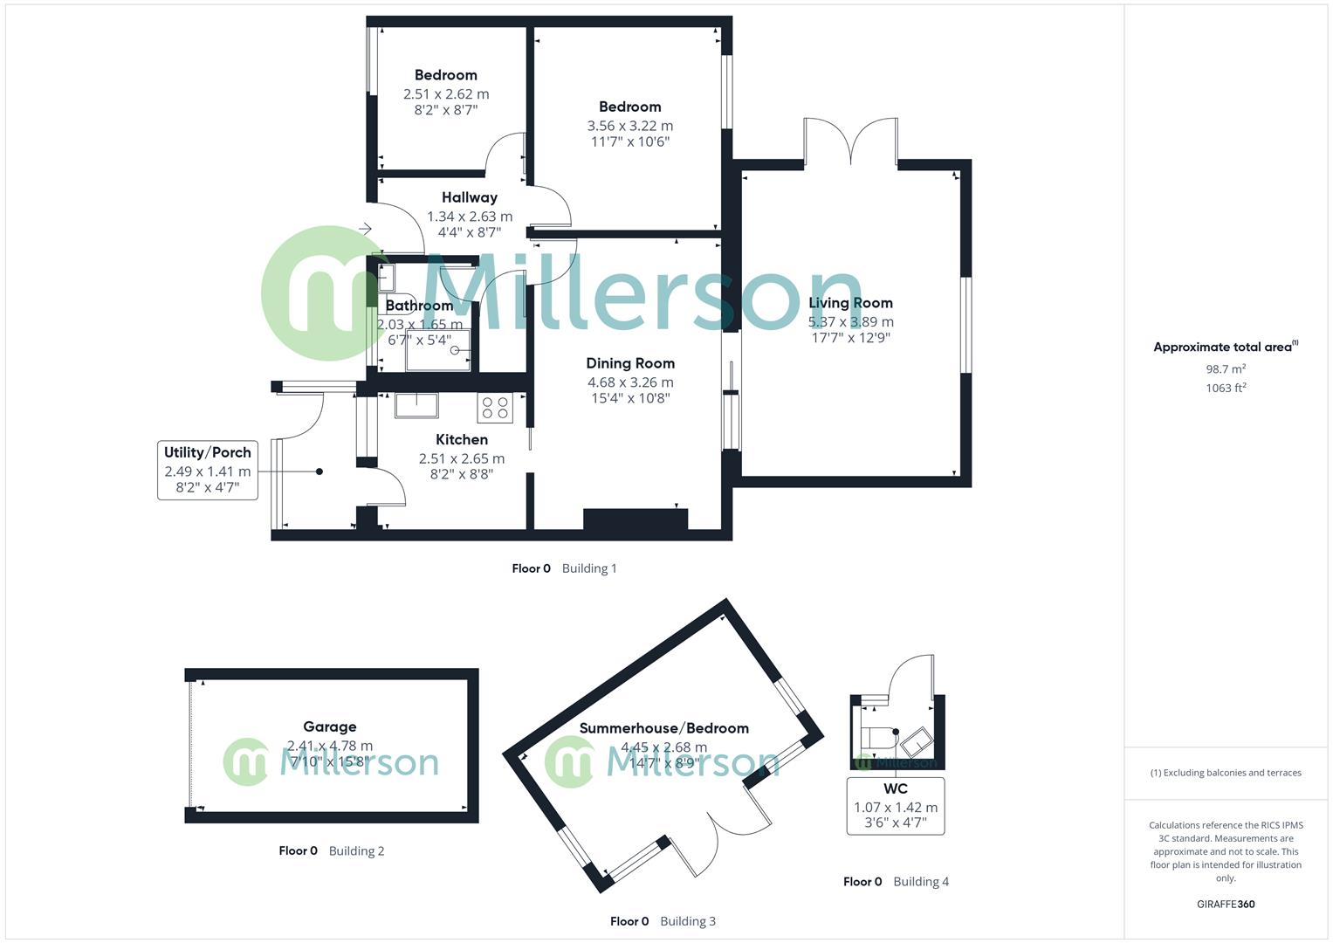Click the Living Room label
[x=850, y=303]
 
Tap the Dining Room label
[x=630, y=363]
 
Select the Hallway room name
[x=470, y=197]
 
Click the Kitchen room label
[x=462, y=439]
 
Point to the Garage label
[x=330, y=726]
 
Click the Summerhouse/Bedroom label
[x=664, y=728]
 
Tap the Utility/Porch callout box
[x=208, y=470]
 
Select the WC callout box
[x=896, y=806]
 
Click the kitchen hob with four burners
[x=496, y=408]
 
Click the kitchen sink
[x=416, y=406]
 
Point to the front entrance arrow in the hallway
[x=365, y=229]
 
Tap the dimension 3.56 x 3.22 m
[x=630, y=126]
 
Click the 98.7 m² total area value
[x=1226, y=369]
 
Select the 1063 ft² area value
[x=1226, y=388]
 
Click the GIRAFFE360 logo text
[x=1226, y=904]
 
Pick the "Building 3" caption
[x=688, y=921]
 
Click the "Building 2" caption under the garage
[x=356, y=850]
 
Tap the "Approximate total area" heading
[x=1224, y=348]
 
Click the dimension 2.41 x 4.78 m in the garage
[x=330, y=746]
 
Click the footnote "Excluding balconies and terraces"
[x=1226, y=773]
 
